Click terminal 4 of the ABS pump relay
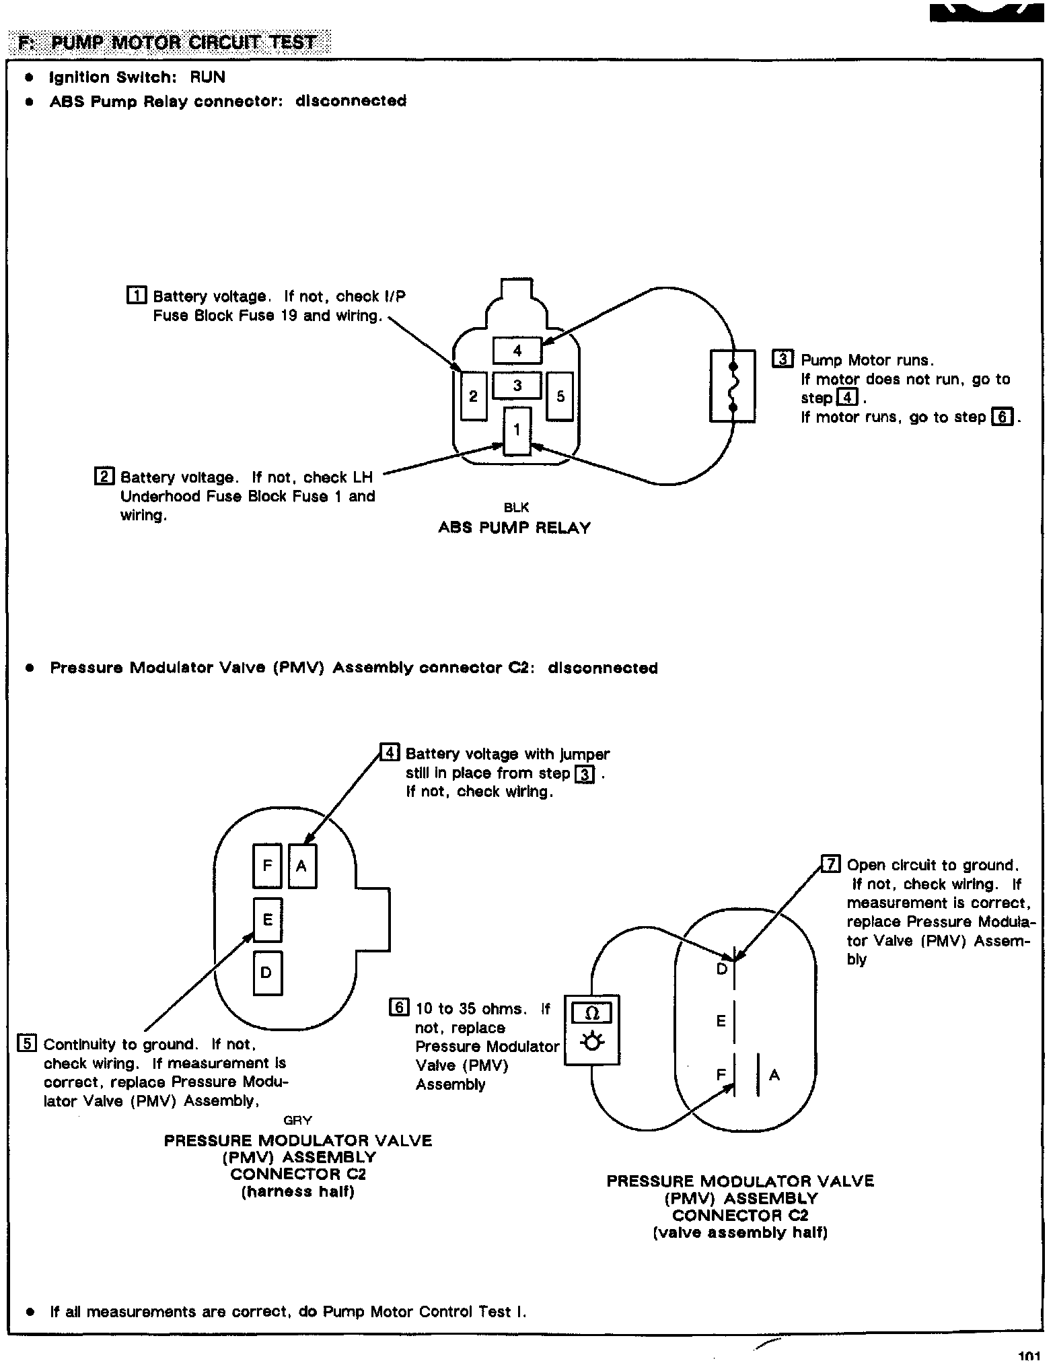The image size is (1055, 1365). [517, 350]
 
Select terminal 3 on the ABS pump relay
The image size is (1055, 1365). [517, 386]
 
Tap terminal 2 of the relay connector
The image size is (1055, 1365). [474, 396]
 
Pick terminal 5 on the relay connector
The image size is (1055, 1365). [560, 396]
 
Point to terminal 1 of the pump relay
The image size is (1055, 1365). [517, 431]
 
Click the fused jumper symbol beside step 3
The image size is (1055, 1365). [733, 386]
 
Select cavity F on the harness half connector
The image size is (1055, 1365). [267, 866]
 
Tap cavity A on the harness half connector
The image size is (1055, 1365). [302, 866]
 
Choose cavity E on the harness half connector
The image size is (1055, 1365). [267, 919]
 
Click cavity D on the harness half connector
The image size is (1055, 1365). [267, 973]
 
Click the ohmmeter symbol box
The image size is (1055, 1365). [591, 1030]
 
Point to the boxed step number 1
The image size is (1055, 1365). [137, 295]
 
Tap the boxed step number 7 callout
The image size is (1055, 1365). [831, 864]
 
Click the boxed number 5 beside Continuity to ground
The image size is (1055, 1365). [27, 1043]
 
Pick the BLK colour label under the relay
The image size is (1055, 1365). [516, 508]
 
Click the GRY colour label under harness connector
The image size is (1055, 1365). [297, 1120]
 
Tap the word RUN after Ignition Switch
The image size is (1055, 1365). [207, 77]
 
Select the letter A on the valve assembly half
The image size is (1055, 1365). [774, 1075]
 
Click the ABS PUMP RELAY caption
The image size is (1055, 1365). [514, 528]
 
